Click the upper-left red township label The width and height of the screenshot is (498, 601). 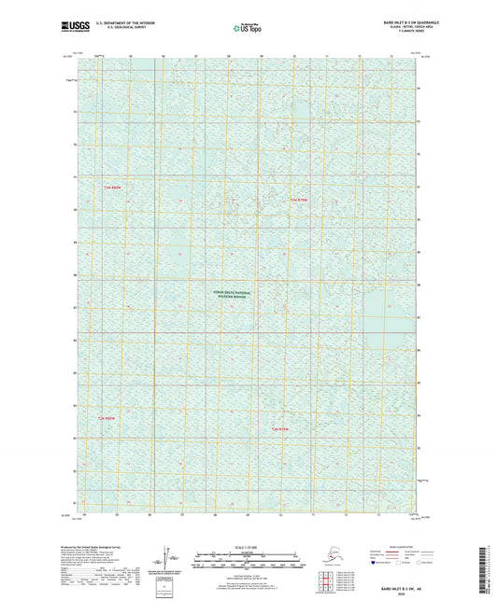112,189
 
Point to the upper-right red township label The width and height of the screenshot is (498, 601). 298,200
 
